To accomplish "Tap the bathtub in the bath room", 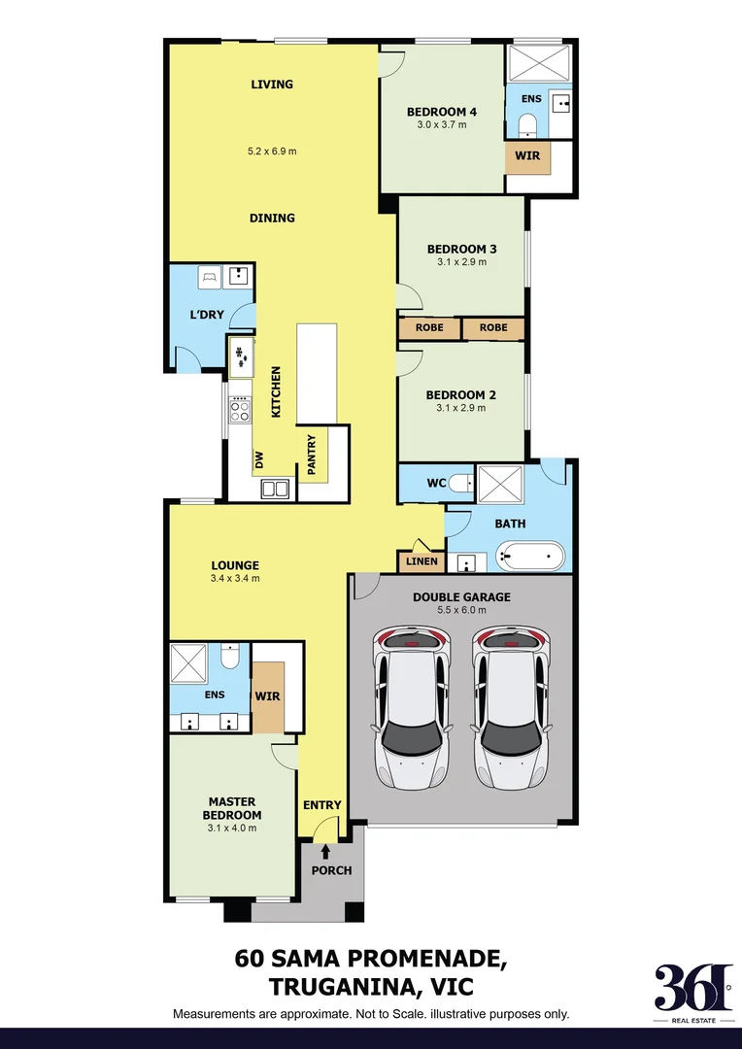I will coord(529,558).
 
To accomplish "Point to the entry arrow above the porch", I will coord(326,851).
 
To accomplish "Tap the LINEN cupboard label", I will coord(421,561).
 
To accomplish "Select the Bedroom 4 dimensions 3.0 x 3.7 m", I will coord(442,124).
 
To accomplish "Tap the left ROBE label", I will coord(429,328).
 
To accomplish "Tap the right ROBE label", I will coord(493,328).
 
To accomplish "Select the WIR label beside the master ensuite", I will coord(267,695).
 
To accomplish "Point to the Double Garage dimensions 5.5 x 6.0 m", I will coord(461,611).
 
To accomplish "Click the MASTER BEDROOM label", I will coord(232,808).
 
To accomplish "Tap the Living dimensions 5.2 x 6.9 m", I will coord(272,151).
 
